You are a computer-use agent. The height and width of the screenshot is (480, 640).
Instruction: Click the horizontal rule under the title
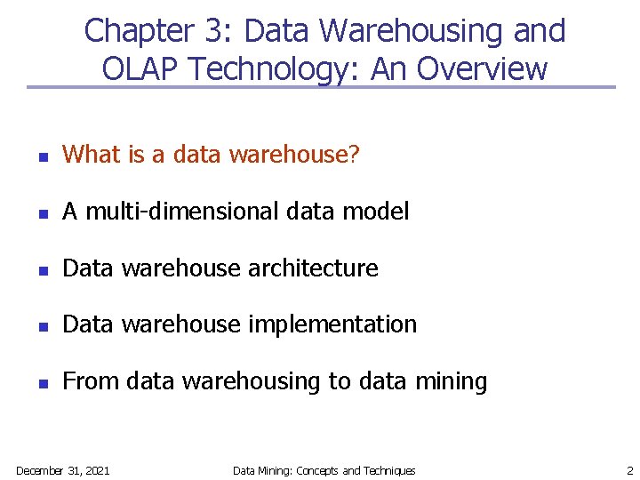tap(320, 87)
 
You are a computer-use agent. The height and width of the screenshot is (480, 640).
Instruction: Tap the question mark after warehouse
tap(354, 155)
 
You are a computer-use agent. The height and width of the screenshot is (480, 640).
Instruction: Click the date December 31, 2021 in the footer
tap(62, 470)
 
